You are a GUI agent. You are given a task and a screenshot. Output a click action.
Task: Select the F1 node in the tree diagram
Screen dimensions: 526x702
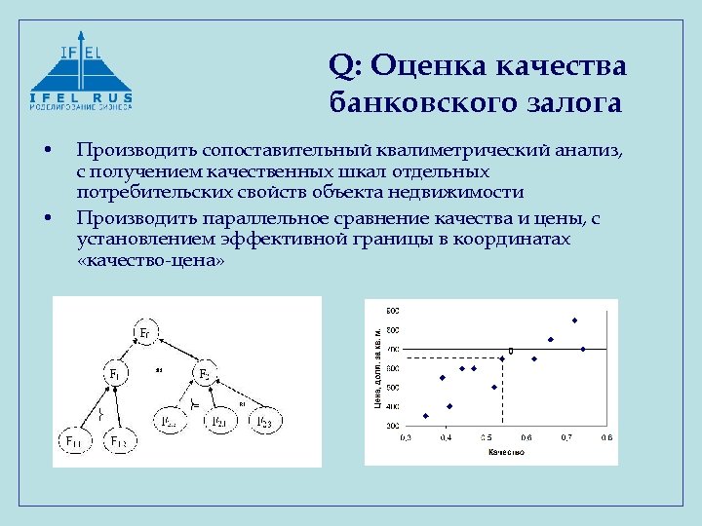click(x=115, y=373)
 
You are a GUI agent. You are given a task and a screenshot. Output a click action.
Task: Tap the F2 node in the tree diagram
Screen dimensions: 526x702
click(x=205, y=374)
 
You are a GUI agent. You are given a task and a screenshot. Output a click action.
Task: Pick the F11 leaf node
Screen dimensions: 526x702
click(x=74, y=441)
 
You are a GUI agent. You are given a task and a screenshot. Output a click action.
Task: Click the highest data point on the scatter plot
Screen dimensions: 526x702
click(x=575, y=320)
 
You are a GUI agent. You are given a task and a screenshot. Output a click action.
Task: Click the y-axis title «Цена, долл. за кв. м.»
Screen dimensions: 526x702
click(x=377, y=367)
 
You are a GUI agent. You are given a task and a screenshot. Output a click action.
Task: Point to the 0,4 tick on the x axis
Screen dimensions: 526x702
click(x=446, y=438)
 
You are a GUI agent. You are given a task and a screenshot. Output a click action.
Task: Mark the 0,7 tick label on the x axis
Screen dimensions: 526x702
click(x=565, y=438)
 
